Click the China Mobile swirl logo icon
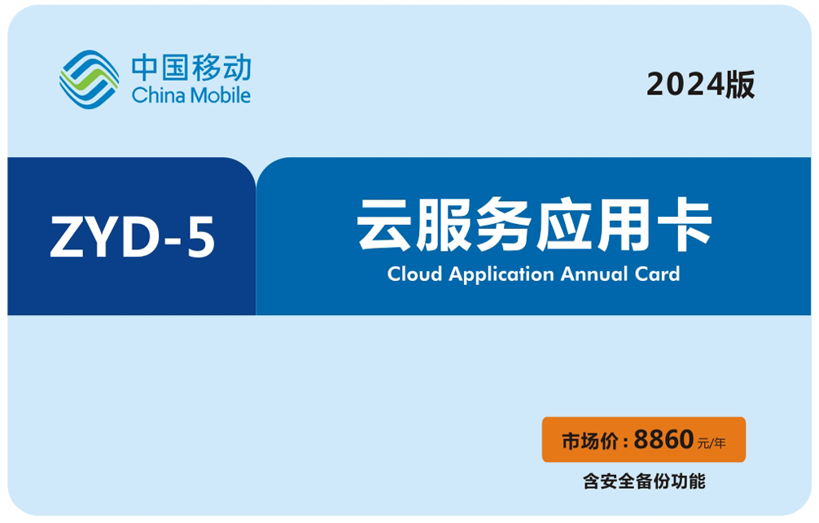(90, 79)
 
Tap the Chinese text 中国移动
(191, 68)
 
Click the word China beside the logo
(158, 95)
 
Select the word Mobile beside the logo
(221, 95)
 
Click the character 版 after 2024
(740, 85)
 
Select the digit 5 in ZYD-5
(201, 237)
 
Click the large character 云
(384, 225)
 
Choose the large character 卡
(684, 225)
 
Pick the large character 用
(624, 225)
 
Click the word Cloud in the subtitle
(414, 274)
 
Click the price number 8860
(664, 439)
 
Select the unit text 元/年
(712, 444)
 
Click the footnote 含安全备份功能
(644, 481)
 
